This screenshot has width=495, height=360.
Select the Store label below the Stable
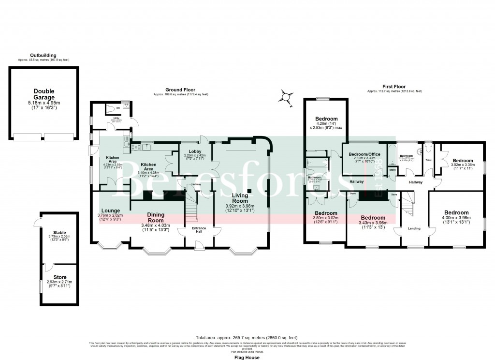tap(59, 277)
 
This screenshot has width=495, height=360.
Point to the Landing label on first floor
tap(414, 228)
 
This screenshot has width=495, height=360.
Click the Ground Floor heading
tap(180, 90)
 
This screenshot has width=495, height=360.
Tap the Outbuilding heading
tap(44, 55)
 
